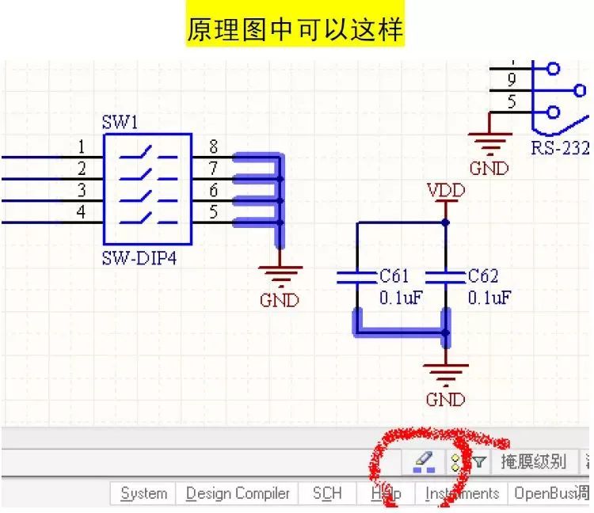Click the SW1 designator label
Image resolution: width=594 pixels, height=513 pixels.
click(120, 123)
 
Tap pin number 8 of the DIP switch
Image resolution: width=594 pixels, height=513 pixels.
click(213, 146)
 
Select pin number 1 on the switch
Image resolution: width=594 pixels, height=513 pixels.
click(82, 146)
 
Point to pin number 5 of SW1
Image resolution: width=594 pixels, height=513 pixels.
click(213, 211)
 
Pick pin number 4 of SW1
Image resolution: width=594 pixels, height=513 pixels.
click(82, 211)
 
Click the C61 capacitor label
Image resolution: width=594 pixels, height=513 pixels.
click(394, 276)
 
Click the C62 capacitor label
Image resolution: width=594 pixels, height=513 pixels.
click(483, 276)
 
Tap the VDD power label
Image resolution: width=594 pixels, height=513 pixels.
click(445, 191)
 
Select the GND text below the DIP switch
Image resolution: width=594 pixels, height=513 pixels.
click(280, 301)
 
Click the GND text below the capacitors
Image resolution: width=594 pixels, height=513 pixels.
click(445, 399)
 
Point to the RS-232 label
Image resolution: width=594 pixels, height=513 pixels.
click(560, 148)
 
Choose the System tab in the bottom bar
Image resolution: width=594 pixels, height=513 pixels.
click(143, 493)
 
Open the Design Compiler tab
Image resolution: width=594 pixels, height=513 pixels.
click(238, 493)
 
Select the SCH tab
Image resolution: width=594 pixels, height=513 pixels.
click(326, 493)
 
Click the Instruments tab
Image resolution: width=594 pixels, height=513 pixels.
click(462, 493)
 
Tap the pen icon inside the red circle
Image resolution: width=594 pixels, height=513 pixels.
click(424, 461)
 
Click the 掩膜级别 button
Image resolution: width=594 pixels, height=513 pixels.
click(533, 462)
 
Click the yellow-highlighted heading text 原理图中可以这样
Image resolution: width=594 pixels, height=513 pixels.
click(295, 30)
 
